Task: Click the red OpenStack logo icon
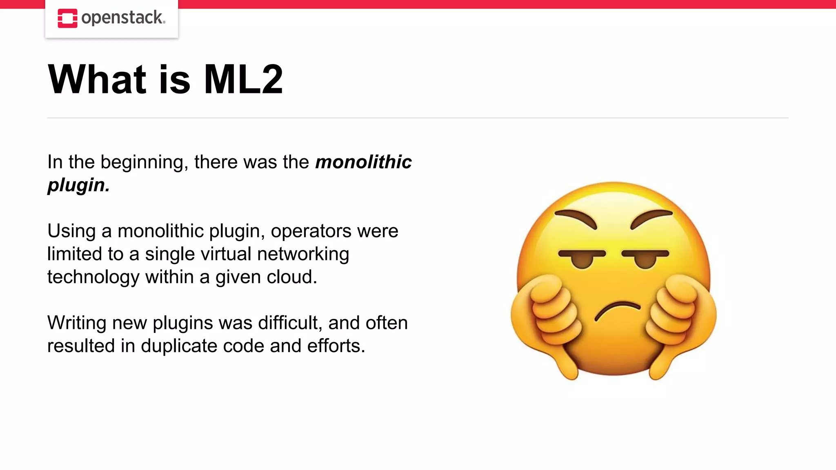click(x=67, y=18)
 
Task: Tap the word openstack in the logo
click(x=122, y=18)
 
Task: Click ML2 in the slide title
click(x=243, y=80)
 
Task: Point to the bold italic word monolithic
click(x=363, y=162)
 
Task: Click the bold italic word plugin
click(x=78, y=185)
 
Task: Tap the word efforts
click(x=336, y=346)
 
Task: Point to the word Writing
click(x=77, y=323)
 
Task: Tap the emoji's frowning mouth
click(x=617, y=310)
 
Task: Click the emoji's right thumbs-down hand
click(x=678, y=322)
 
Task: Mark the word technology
click(x=93, y=277)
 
